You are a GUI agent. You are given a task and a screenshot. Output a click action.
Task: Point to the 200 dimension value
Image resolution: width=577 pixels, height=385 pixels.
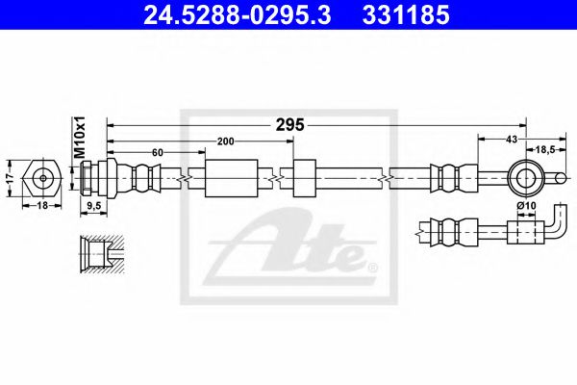pos(226,141)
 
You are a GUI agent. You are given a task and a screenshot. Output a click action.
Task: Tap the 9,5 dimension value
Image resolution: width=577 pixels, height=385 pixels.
pos(94,205)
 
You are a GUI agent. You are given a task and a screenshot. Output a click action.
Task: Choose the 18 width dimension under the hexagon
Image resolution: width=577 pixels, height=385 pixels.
pos(41,205)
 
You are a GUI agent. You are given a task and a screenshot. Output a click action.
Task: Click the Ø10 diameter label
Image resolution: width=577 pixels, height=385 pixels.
pos(525,205)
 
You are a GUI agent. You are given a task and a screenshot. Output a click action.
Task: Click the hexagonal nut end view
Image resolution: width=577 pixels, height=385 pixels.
pos(42,178)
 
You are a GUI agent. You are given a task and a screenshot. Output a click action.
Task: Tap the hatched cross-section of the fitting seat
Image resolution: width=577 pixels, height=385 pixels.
pos(96,253)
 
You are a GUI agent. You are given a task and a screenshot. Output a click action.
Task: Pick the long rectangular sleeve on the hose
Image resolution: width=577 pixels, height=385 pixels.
pos(232,178)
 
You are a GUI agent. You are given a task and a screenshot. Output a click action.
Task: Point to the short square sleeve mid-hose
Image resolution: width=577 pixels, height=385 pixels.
pos(305,178)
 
